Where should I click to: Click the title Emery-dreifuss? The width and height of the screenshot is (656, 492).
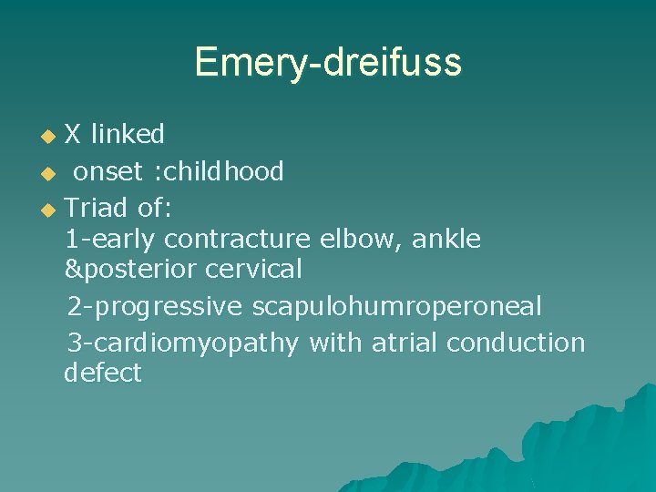point(327,62)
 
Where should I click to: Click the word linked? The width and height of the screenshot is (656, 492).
point(128,135)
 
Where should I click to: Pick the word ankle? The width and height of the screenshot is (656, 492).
point(446,239)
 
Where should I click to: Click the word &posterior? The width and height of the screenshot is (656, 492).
point(131,270)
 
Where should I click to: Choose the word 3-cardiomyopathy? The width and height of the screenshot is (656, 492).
point(183,343)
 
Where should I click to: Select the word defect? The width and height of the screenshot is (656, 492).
point(103,373)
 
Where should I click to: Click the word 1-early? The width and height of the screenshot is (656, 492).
point(111,239)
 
